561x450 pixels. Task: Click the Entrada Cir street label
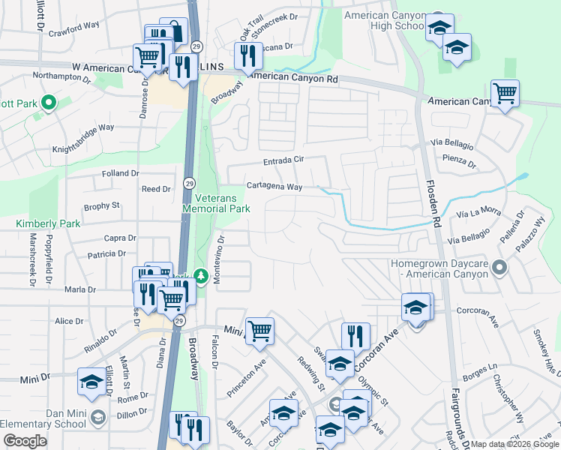[x=283, y=160]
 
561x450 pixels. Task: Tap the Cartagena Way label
[x=275, y=187]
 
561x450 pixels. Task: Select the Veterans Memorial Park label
[x=217, y=203]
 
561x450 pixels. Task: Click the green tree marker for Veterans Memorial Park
[x=201, y=277]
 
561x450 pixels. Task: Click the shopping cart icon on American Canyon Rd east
[x=505, y=94]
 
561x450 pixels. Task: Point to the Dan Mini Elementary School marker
[x=97, y=416]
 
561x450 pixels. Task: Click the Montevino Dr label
[x=220, y=259]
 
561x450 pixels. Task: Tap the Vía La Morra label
[x=478, y=212]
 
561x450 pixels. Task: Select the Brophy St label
[x=101, y=205]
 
